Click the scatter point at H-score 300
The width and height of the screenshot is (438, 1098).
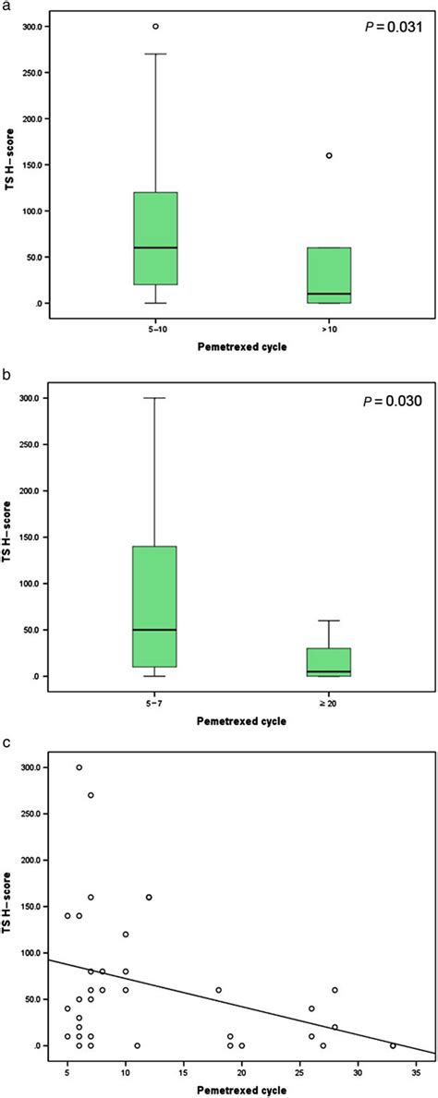pyautogui.click(x=79, y=767)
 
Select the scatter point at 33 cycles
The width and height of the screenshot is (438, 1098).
pyautogui.click(x=393, y=1045)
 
